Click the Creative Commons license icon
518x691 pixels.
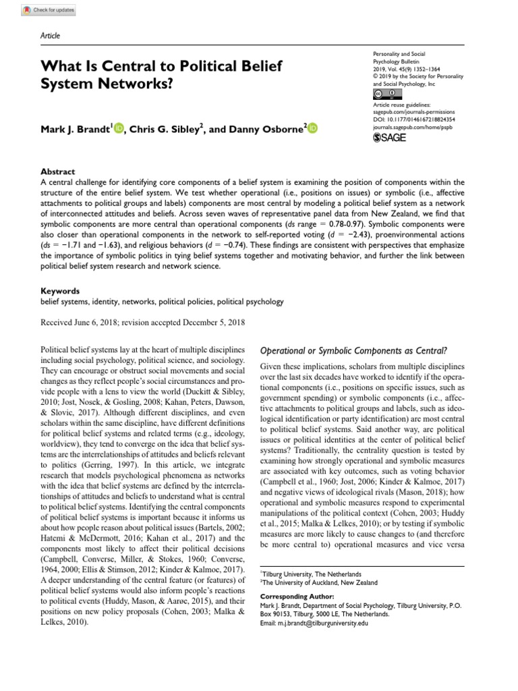pos(382,94)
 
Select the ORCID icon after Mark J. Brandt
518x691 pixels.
pos(119,129)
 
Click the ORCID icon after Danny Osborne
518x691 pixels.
pos(313,129)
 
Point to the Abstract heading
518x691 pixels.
pos(58,172)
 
